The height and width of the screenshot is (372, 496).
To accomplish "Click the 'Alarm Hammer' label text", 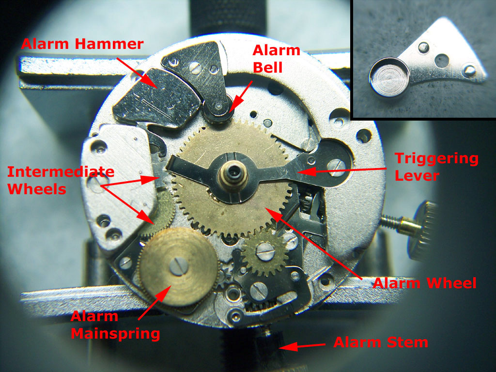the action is tap(82, 44).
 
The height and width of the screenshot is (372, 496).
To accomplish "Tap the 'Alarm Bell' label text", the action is tap(276, 59).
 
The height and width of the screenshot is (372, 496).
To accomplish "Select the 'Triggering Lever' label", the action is tap(436, 167).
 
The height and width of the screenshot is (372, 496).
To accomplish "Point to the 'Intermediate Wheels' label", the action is tap(61, 180).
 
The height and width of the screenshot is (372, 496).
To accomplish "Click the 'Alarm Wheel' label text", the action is tap(424, 283).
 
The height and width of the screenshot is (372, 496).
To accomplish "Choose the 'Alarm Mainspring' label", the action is tap(115, 325).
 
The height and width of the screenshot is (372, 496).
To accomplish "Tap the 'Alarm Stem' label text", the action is tap(381, 342).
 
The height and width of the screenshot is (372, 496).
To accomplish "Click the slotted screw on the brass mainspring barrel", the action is tap(179, 266).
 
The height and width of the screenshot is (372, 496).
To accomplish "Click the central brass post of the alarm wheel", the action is tap(233, 175).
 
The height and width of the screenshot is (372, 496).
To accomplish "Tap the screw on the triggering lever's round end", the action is tap(337, 167).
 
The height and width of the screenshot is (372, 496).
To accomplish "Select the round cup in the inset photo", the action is tap(389, 77).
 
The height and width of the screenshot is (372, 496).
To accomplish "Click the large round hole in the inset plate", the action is tap(442, 61).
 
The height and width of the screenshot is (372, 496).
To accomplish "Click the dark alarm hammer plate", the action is tap(156, 98).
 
